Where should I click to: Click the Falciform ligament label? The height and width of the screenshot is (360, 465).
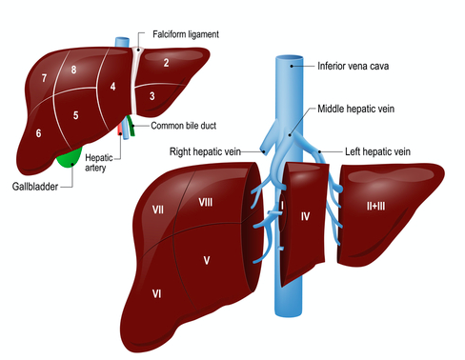pos(186,34)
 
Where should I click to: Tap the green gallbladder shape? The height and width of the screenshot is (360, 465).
pos(70,157)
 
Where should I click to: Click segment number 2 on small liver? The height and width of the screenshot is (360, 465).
pos(165,63)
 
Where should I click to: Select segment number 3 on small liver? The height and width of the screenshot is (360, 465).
pos(152,96)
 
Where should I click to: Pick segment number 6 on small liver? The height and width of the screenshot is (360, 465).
pos(38,133)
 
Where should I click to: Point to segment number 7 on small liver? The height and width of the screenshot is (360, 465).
pos(44,77)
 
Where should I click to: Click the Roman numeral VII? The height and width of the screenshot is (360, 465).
pos(158,208)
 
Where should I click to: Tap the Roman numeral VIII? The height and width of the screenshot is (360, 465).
pos(205,202)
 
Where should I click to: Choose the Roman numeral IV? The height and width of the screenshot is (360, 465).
pos(305,217)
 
